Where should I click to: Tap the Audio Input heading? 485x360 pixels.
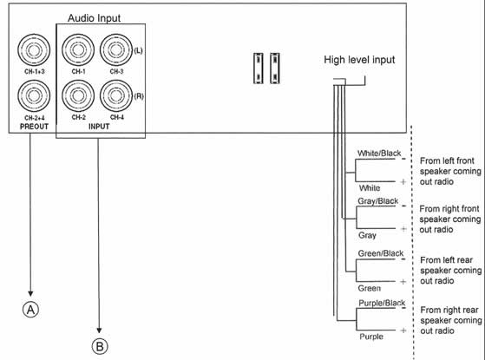[x=94, y=18]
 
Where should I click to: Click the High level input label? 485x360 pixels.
[x=359, y=60]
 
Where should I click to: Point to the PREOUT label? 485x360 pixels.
[x=34, y=127]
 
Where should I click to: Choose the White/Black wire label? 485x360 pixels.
[x=379, y=153]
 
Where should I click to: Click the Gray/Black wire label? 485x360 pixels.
[x=378, y=201]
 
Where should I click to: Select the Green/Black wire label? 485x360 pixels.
[x=381, y=253]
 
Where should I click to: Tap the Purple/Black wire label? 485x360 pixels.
[x=382, y=303]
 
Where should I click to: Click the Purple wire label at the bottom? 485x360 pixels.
[x=371, y=337]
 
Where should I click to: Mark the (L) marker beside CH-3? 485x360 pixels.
[x=138, y=50]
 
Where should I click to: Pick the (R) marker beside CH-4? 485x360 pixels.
[x=139, y=96]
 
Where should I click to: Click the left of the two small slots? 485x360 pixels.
[x=259, y=69]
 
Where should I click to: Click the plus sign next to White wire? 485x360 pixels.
[x=403, y=182]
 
